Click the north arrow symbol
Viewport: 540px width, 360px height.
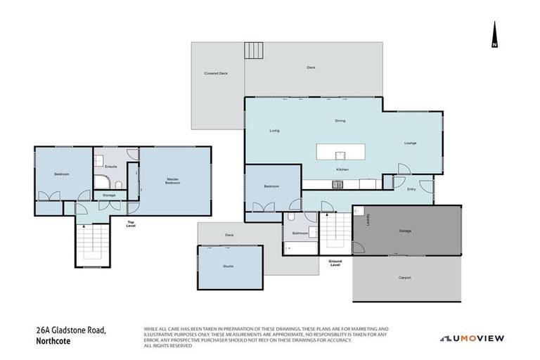pyautogui.click(x=494, y=36)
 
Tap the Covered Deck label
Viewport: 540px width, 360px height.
pyautogui.click(x=216, y=73)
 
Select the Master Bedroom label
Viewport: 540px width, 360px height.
pyautogui.click(x=173, y=181)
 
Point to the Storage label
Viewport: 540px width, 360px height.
pyautogui.click(x=109, y=195)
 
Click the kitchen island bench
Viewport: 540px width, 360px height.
pyautogui.click(x=342, y=152)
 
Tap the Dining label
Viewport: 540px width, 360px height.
pyautogui.click(x=340, y=121)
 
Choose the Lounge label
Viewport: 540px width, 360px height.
pyautogui.click(x=410, y=143)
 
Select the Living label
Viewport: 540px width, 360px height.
pyautogui.click(x=275, y=131)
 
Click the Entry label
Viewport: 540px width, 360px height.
pyautogui.click(x=411, y=188)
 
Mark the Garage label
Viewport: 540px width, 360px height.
pyautogui.click(x=405, y=231)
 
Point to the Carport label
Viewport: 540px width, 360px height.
pyautogui.click(x=404, y=278)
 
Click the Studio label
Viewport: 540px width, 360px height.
pyautogui.click(x=229, y=266)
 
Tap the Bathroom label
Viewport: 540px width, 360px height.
pyautogui.click(x=301, y=233)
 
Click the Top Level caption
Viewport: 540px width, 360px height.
pyautogui.click(x=130, y=224)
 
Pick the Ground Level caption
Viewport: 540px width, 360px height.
pyautogui.click(x=335, y=262)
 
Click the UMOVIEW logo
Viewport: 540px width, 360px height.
pyautogui.click(x=472, y=338)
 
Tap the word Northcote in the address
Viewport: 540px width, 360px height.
pyautogui.click(x=55, y=342)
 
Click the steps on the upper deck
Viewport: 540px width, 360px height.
pyautogui.click(x=253, y=51)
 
